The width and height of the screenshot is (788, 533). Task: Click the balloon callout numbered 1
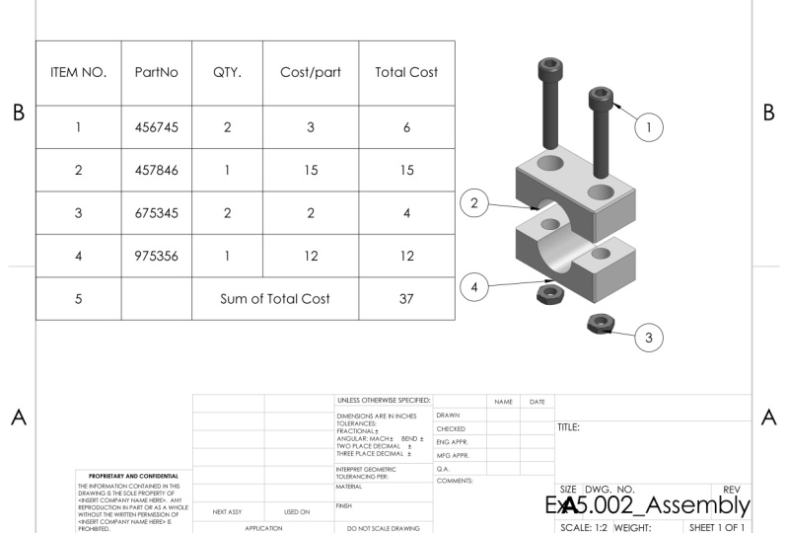[648, 126]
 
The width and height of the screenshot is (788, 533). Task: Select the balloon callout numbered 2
[474, 203]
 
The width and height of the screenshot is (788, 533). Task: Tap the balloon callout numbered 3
[648, 338]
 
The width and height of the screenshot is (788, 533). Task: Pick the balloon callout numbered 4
[474, 287]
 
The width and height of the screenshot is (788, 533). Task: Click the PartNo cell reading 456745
[157, 126]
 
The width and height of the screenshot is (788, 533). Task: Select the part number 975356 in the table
[157, 256]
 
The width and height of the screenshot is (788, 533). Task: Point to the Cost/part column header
[311, 72]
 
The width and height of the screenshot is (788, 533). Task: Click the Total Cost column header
[406, 72]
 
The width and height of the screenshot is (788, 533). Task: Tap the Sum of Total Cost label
[275, 298]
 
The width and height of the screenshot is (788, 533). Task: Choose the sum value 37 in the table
[406, 298]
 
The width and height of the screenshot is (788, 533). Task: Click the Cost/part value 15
[311, 170]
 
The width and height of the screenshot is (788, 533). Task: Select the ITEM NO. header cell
[78, 72]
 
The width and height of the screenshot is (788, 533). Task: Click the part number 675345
[157, 212]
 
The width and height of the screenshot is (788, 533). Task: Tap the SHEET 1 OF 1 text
[718, 527]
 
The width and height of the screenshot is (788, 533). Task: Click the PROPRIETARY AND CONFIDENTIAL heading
[131, 476]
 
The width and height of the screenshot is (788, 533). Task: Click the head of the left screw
[550, 70]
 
